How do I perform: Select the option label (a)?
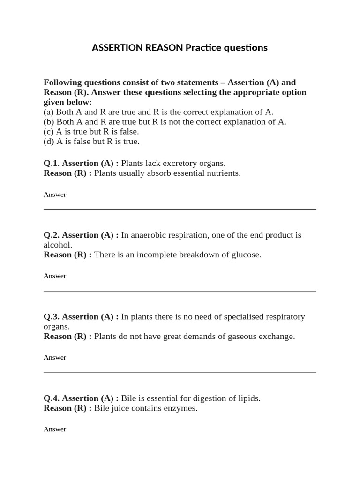49,112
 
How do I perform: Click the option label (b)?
49,122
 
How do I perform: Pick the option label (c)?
49,132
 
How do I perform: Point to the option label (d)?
49,142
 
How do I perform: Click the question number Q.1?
52,164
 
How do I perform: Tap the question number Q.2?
52,235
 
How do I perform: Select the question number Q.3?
52,317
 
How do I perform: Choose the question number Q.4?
52,398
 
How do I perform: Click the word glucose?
244,255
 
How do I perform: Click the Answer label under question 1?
55,195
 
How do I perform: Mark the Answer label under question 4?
55,429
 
